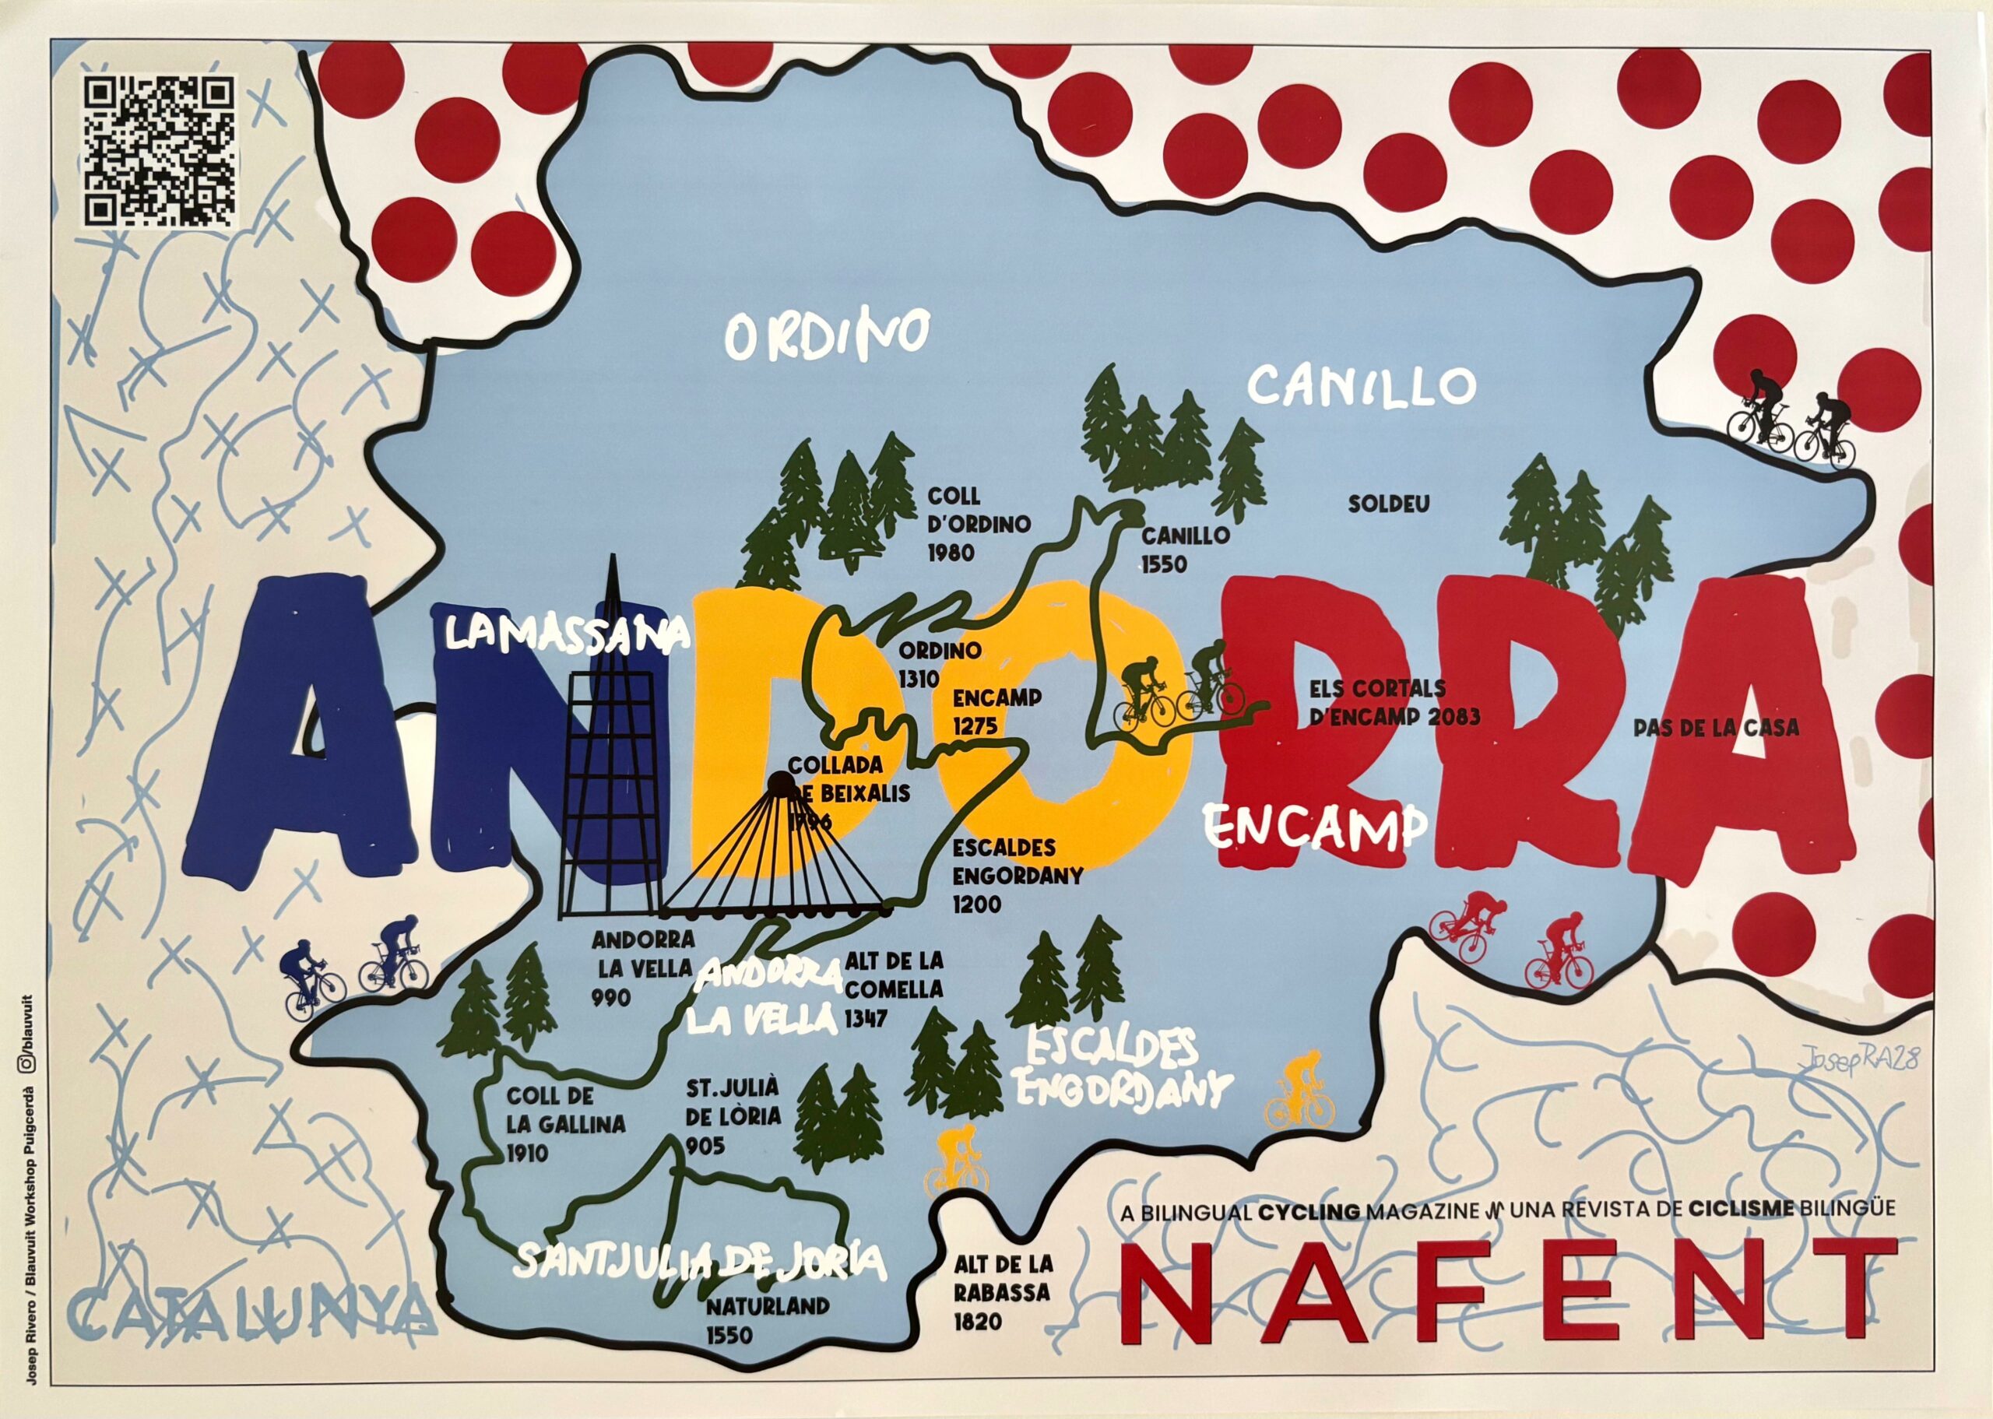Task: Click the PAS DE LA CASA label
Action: click(x=1715, y=727)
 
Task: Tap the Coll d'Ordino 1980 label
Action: click(x=979, y=525)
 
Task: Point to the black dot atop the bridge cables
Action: click(x=777, y=783)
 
